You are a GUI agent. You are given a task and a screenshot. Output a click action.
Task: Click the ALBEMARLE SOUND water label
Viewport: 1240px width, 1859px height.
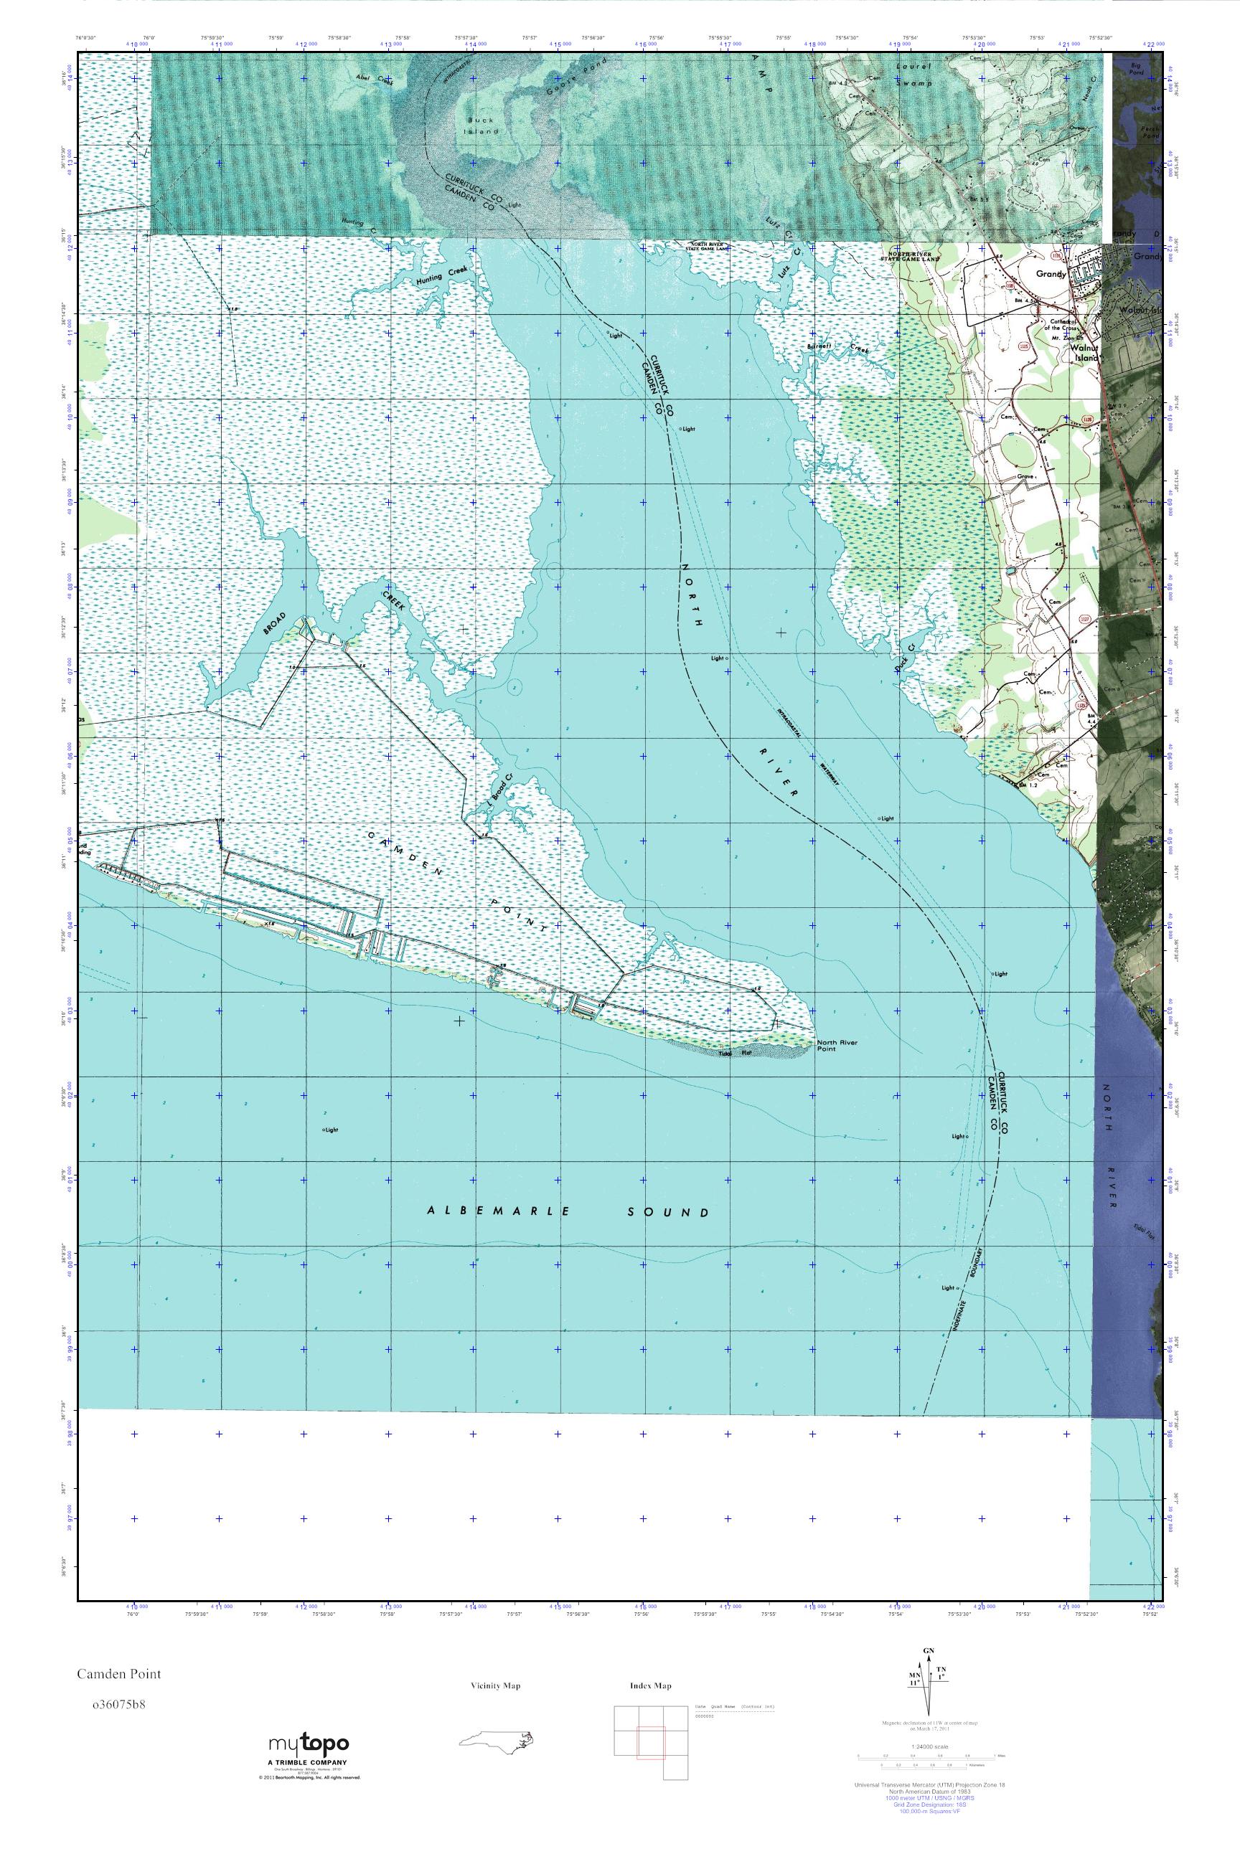pyautogui.click(x=568, y=1211)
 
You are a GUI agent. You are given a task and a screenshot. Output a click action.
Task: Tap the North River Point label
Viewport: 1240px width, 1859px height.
pyautogui.click(x=837, y=1046)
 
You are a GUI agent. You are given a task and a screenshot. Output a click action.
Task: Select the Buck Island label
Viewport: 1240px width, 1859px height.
pyautogui.click(x=480, y=126)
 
